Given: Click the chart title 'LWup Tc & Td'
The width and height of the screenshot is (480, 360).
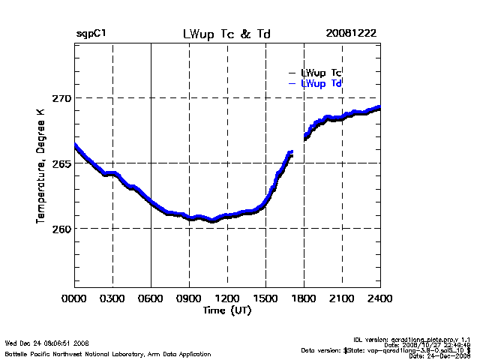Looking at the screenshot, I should pos(226,34).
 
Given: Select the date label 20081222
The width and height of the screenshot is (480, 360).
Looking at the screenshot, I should pos(351,34).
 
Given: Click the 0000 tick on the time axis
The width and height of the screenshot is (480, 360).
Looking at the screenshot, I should pos(74,298).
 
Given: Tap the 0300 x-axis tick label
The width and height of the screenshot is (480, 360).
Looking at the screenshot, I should pos(112,298).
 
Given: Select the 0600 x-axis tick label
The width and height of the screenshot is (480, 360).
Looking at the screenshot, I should pos(151,298).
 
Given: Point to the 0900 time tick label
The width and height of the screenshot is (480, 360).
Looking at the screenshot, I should pos(189,298).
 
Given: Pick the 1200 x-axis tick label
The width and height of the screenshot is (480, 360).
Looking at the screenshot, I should pos(227,298).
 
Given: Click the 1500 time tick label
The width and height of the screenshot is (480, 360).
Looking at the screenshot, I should pos(265,298).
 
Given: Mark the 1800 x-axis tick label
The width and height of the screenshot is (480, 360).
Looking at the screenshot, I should pos(304,298).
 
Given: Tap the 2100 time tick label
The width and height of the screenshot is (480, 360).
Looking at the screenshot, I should pos(342,298).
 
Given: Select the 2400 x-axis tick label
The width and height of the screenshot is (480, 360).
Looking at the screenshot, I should pos(379,298).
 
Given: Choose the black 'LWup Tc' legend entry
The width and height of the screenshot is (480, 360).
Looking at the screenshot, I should pos(321,73).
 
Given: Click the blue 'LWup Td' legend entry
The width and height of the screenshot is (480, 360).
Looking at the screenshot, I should pos(321,83).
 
